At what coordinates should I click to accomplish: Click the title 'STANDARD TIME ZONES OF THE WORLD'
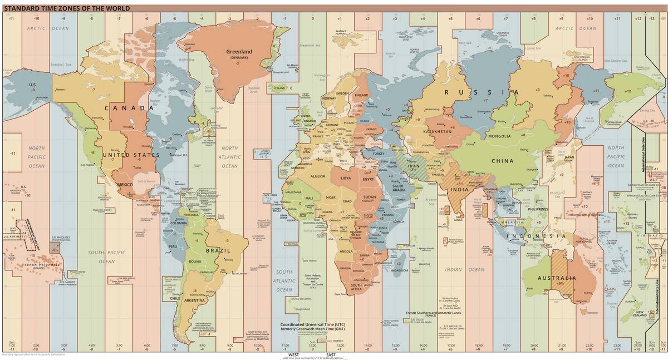67,8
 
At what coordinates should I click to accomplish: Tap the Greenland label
239,52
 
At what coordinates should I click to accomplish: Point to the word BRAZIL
218,250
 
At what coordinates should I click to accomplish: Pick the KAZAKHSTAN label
436,132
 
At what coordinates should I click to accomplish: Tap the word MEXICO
125,185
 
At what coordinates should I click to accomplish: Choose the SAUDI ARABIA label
399,188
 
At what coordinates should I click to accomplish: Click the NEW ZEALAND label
640,314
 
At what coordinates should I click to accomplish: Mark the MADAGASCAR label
399,270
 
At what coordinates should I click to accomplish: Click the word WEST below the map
293,354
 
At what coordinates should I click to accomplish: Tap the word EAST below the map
331,354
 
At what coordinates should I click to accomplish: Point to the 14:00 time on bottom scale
367,345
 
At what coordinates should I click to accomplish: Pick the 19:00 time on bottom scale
506,345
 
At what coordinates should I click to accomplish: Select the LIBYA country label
346,178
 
